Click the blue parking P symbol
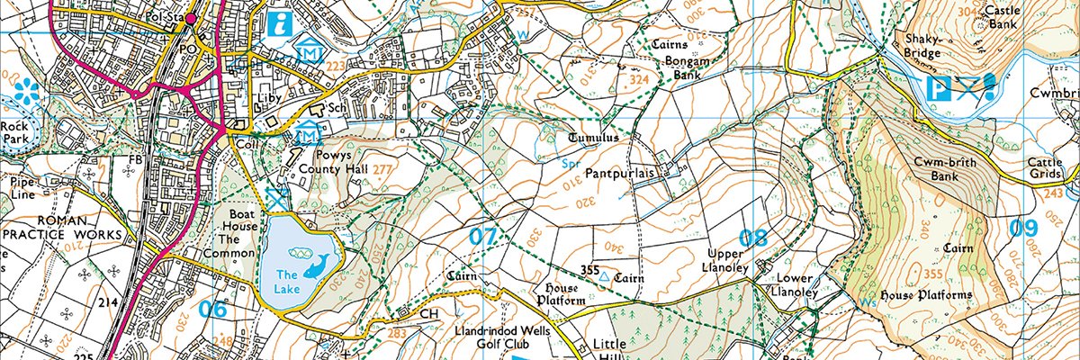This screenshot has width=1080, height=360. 940,88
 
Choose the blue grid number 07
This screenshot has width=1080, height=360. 483,238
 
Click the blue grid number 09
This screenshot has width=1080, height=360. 1022,229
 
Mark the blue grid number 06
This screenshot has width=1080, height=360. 212,309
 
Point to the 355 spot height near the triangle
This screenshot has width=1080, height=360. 590,271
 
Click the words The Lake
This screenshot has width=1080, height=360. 286,282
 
